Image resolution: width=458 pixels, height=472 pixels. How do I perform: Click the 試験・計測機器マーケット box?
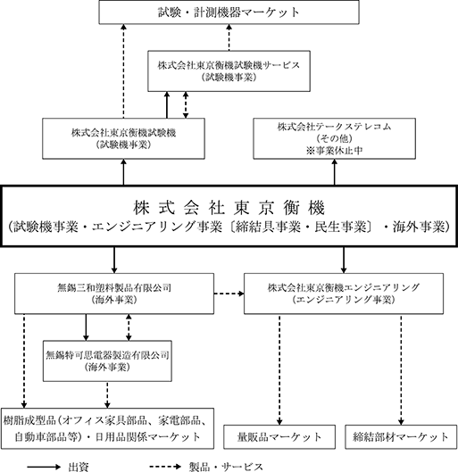tap(229, 12)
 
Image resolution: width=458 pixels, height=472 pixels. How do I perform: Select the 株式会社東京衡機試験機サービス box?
tap(229, 71)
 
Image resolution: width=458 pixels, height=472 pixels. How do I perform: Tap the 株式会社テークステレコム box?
tap(334, 138)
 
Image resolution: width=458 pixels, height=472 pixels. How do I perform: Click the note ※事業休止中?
tap(334, 151)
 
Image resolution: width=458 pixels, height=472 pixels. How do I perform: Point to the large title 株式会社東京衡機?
tap(229, 208)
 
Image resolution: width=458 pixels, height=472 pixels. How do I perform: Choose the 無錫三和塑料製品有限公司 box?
tap(114, 294)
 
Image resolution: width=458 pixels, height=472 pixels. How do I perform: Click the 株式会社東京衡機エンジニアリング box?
tap(344, 294)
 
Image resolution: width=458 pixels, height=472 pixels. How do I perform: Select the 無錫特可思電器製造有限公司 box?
tap(107, 361)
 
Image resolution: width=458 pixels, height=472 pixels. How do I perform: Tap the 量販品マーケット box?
tap(279, 437)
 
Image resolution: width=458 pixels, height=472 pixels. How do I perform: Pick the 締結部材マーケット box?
tap(401, 437)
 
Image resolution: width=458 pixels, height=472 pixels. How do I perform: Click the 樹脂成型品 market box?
tap(107, 428)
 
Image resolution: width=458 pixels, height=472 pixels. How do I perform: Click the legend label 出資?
tap(79, 467)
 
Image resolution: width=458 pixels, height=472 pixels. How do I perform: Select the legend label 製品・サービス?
tap(226, 467)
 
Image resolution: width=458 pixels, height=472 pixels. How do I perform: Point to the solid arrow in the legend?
tap(44, 467)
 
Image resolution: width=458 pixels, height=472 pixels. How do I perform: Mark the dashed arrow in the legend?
tap(165, 467)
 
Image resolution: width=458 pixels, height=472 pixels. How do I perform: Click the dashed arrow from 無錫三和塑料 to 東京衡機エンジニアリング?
tap(229, 294)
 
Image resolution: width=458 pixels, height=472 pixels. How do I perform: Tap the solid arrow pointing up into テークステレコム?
tap(334, 172)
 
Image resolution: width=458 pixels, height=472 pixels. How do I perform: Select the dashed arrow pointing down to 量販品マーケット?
tap(279, 370)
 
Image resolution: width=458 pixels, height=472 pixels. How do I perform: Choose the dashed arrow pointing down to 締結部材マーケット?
tap(401, 370)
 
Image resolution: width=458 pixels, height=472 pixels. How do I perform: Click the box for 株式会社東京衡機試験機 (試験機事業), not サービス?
tap(123, 138)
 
